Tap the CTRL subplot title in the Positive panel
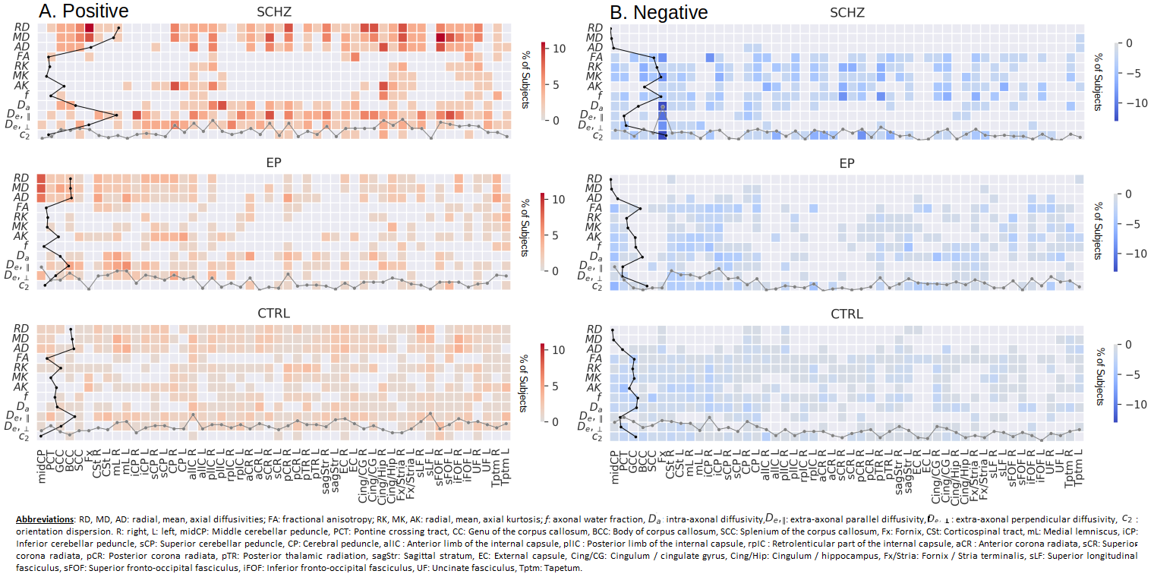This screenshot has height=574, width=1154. click(x=274, y=313)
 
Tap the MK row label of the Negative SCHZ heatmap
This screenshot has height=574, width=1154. click(x=594, y=77)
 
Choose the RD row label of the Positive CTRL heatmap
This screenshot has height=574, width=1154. click(x=22, y=330)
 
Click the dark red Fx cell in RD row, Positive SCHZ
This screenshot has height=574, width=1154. click(x=90, y=28)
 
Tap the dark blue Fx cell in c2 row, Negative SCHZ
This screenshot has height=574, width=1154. click(x=663, y=134)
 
